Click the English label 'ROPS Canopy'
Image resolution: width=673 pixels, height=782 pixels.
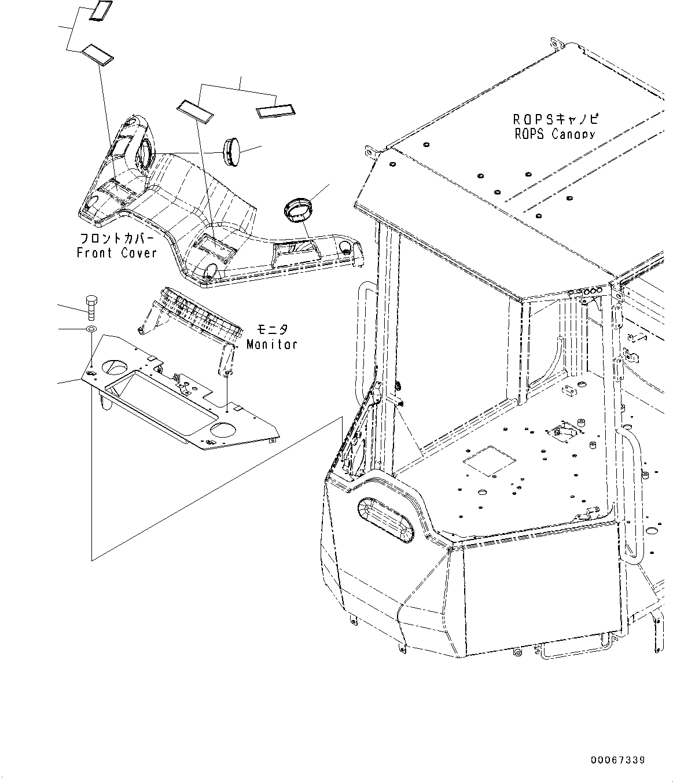click(555, 134)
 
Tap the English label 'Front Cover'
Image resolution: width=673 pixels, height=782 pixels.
click(117, 253)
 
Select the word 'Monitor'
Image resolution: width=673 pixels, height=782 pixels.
click(271, 344)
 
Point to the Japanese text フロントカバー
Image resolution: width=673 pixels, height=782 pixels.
click(117, 238)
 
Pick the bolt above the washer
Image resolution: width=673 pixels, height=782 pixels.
click(91, 307)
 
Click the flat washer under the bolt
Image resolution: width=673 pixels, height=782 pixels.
click(91, 329)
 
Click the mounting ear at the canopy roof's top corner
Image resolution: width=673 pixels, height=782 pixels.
click(556, 45)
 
